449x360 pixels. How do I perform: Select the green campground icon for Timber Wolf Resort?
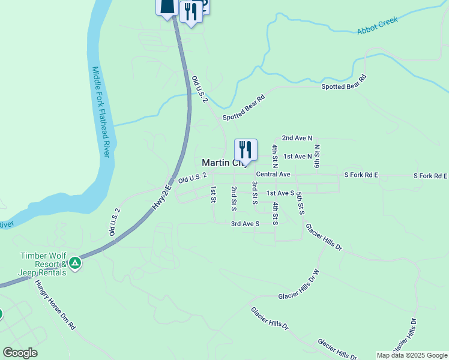coord(74,263)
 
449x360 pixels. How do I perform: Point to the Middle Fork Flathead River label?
coord(100,112)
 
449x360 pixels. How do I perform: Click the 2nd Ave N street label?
coord(297,138)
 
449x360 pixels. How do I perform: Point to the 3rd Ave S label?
coord(245,224)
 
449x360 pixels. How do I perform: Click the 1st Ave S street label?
coord(280,193)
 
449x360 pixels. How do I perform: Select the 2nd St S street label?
coord(234,199)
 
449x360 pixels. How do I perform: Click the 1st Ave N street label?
coord(298,157)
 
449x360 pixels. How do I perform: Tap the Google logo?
coord(20,353)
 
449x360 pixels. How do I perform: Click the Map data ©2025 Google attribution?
coord(412,355)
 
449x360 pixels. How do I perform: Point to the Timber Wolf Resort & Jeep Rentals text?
coord(43,264)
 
